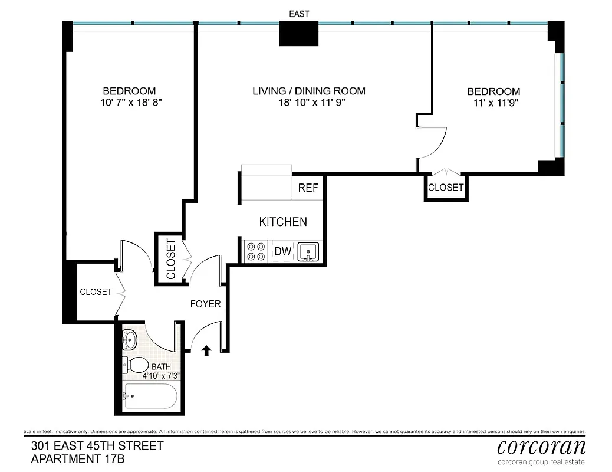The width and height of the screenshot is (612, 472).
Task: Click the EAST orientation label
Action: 298,14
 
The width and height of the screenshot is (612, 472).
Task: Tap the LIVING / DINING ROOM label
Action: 309,91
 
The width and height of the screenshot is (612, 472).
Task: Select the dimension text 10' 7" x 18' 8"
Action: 131,102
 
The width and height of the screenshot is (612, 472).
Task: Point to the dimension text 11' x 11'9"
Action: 494,102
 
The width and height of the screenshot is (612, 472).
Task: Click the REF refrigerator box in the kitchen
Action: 308,188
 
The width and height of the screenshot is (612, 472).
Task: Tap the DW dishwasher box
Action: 283,252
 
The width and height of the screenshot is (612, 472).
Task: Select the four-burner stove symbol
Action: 256,252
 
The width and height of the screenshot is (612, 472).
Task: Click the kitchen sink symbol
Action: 308,252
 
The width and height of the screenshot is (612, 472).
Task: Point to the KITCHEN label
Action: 283,222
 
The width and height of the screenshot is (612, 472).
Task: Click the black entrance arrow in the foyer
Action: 206,351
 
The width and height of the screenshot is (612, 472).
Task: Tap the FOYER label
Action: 205,304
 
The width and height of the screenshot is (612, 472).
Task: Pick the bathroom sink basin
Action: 130,339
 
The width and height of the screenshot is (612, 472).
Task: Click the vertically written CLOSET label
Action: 171,259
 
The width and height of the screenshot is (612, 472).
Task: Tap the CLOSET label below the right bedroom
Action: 445,188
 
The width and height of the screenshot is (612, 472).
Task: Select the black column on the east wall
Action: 298,33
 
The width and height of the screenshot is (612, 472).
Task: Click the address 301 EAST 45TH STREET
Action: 97,445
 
